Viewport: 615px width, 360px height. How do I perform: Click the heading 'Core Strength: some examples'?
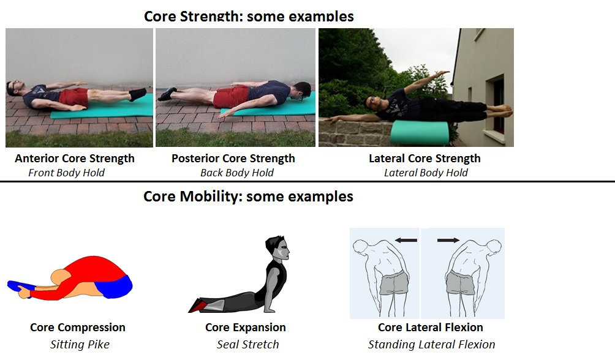coord(249,16)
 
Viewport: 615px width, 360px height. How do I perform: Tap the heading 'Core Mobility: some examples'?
coord(248,196)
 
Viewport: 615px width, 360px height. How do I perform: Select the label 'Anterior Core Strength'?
coord(75,159)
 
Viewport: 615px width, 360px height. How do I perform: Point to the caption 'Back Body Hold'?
coord(237,173)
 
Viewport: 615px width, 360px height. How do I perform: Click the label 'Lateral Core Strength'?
coord(424,159)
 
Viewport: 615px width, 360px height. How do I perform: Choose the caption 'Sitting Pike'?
coord(80,344)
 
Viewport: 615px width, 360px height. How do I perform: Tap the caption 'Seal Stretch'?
coord(247,344)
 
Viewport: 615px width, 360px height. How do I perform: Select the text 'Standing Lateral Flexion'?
coord(431,344)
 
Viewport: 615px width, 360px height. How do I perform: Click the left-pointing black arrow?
coord(406,240)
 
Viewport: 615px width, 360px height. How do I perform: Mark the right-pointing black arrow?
coord(448,240)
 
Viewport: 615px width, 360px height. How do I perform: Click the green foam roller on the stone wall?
coord(419,133)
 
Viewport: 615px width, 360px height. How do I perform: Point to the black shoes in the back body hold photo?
coord(167,94)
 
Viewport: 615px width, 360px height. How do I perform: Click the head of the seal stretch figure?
coord(277,247)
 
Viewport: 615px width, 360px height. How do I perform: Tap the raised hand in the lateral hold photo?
coord(443,73)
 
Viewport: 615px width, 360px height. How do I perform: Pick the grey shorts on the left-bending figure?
coord(394,282)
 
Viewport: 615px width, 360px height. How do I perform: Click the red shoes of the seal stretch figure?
coord(198,305)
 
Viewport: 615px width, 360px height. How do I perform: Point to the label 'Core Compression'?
coord(78,328)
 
